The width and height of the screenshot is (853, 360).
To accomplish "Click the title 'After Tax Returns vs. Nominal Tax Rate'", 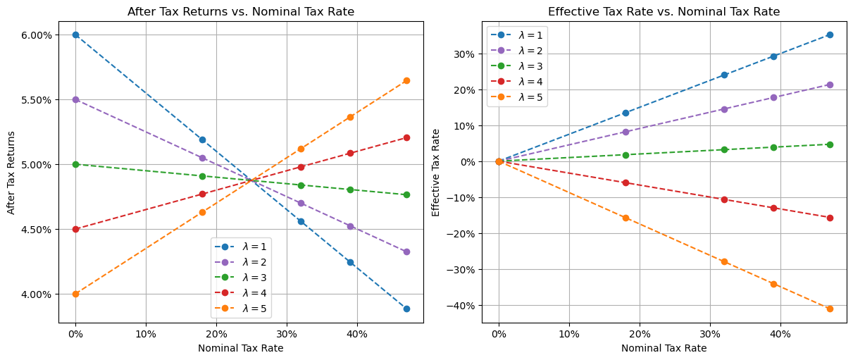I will tap(241, 11).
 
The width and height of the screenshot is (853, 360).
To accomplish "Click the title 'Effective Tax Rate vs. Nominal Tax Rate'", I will tap(664, 11).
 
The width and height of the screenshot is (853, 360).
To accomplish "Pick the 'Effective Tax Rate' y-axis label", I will tap(435, 172).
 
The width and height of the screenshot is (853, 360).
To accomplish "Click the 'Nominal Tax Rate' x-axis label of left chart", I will tap(241, 348).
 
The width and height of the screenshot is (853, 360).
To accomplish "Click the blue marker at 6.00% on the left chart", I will tap(75, 35).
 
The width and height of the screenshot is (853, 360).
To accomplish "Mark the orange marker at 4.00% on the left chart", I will tap(75, 294).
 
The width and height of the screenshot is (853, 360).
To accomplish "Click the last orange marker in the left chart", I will tap(406, 80).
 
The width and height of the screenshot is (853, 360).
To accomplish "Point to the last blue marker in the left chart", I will tap(406, 309).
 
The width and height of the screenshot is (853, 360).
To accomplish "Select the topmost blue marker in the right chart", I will tap(830, 35).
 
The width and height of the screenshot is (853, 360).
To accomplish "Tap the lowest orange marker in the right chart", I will tap(830, 309).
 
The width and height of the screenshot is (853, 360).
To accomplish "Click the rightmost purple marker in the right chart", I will tap(830, 85).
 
